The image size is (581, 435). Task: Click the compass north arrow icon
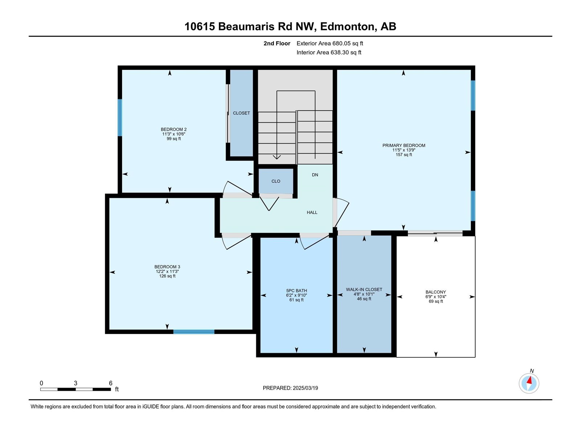tap(529, 383)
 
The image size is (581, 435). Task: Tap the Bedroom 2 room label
tap(174, 129)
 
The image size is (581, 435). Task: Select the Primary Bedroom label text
tap(404, 145)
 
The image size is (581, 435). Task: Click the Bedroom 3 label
tap(167, 267)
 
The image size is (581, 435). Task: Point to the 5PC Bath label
tap(296, 290)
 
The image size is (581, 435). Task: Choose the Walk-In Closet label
tap(364, 290)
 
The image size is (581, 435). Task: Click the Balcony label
tap(436, 292)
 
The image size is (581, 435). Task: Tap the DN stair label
tap(315, 175)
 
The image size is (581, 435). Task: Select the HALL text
tap(312, 212)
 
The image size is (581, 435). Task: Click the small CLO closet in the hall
tap(276, 181)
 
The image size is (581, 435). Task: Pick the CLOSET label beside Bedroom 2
tap(241, 113)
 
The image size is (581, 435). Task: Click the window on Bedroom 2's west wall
tap(120, 117)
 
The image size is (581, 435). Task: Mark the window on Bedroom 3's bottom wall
tap(194, 332)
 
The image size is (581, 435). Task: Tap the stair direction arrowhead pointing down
tap(277, 157)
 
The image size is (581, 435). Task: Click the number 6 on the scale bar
tap(111, 383)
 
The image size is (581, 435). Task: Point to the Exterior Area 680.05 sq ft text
tap(330, 43)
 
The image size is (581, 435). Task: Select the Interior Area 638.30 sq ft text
tap(329, 52)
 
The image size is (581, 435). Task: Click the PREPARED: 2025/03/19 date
tap(290, 388)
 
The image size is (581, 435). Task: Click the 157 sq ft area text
tap(404, 155)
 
